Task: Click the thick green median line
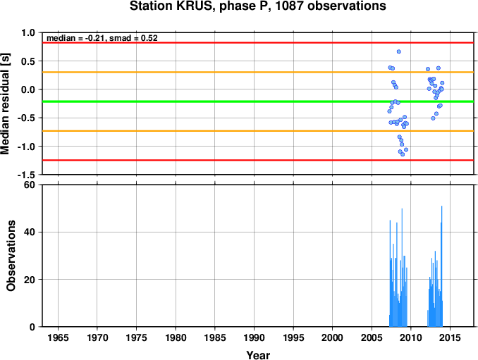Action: (x=258, y=101)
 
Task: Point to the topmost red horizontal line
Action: (x=258, y=43)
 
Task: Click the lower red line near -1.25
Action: (x=258, y=160)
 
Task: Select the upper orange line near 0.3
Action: (x=258, y=72)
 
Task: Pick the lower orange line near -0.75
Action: (x=258, y=131)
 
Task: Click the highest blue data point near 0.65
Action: (x=399, y=51)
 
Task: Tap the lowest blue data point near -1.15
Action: (x=403, y=154)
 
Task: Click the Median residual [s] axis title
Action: (x=5, y=104)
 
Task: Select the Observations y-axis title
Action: (x=11, y=256)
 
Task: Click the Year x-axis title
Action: (x=258, y=355)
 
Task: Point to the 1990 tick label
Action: (x=255, y=337)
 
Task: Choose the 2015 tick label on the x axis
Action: (x=451, y=337)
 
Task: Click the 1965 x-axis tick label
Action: (x=58, y=337)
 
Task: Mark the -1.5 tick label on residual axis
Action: (x=26, y=175)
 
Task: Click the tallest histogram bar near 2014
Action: (x=442, y=266)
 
